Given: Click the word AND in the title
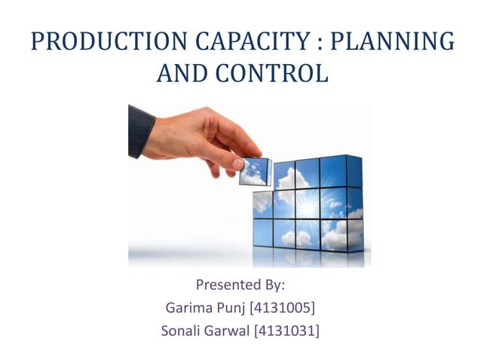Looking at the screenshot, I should tap(182, 74).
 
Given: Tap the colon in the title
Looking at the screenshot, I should tap(317, 44).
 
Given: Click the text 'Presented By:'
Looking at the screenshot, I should tap(240, 285).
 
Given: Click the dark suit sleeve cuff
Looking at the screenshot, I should tap(140, 131).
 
